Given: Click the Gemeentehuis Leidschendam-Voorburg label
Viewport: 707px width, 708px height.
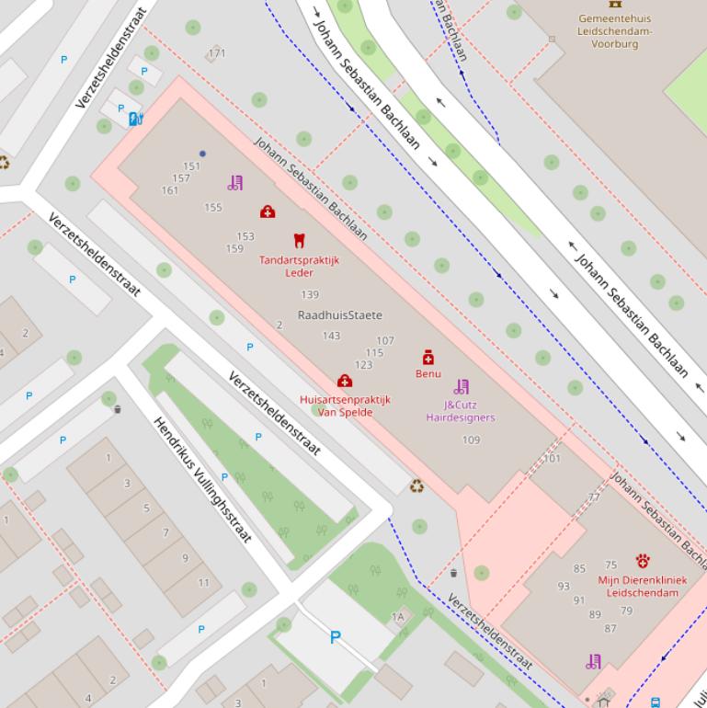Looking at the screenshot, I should [x=614, y=30].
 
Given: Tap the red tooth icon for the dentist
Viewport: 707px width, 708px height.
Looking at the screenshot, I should [x=298, y=241].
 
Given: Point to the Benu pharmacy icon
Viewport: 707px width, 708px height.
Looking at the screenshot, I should [x=428, y=357].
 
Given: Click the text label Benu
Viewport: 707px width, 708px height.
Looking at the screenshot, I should [x=428, y=374].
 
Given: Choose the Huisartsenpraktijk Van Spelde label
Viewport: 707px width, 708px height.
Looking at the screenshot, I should [x=345, y=406].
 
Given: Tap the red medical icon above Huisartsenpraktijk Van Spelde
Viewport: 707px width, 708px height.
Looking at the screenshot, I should [x=345, y=381].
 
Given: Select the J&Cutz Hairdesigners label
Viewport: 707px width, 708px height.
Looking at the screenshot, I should [x=460, y=411].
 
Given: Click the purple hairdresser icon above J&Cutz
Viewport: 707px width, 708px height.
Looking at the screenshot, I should [x=461, y=387].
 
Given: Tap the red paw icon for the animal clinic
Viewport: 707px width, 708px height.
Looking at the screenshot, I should [x=643, y=561].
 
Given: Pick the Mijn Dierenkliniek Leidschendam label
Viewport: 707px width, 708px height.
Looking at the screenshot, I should [x=643, y=587].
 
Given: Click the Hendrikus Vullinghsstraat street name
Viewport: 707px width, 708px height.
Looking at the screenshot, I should [x=202, y=480].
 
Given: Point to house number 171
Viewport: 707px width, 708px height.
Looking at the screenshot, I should [x=217, y=53].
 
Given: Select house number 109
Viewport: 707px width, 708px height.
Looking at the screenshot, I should [x=471, y=440].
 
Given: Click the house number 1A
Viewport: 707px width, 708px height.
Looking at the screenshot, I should [x=398, y=617].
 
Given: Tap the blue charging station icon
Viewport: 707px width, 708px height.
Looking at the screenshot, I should [x=136, y=118].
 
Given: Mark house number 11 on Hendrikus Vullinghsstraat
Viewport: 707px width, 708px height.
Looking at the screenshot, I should [x=203, y=582].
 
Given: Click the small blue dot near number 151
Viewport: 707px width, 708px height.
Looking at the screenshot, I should [x=202, y=154].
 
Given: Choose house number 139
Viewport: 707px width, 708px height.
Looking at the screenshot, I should [x=310, y=295].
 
